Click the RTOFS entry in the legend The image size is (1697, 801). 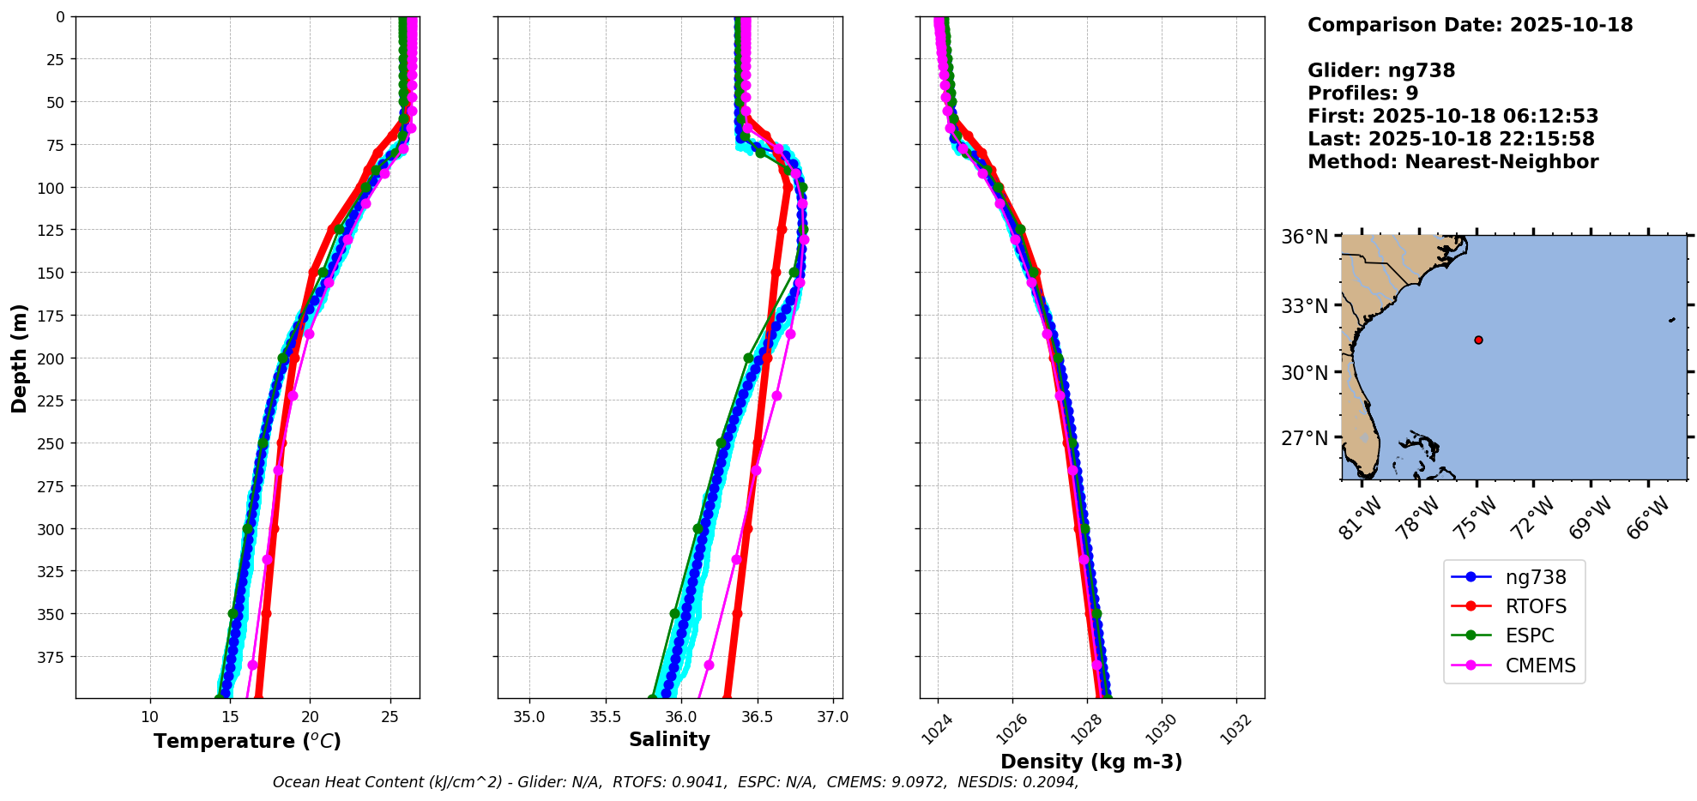pyautogui.click(x=1535, y=606)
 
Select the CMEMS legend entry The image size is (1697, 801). pyautogui.click(x=1539, y=665)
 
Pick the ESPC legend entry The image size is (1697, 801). pyautogui.click(x=1529, y=635)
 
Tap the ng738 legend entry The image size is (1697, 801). pyautogui.click(x=1535, y=577)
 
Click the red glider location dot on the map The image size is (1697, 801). pyautogui.click(x=1478, y=340)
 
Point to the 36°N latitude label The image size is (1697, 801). pyautogui.click(x=1304, y=237)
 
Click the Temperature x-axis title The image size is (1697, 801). pyautogui.click(x=247, y=741)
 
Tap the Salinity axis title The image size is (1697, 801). pyautogui.click(x=669, y=739)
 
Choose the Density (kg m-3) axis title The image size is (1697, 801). pyautogui.click(x=1091, y=762)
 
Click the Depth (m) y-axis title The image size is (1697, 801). pyautogui.click(x=20, y=358)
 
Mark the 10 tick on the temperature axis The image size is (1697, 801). pyautogui.click(x=150, y=717)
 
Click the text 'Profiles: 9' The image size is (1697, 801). pyautogui.click(x=1362, y=93)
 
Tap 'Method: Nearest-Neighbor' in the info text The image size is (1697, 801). pyautogui.click(x=1452, y=162)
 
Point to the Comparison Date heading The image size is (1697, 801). pyautogui.click(x=1470, y=25)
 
